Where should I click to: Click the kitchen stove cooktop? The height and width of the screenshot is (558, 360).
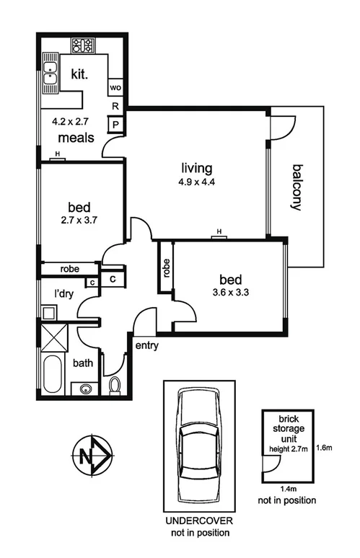[82, 45]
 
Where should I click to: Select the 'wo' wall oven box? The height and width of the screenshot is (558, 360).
[115, 87]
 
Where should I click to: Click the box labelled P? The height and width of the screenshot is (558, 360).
[115, 125]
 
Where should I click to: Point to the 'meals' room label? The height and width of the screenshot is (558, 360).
[76, 137]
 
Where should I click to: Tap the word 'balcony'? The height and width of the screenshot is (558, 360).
[296, 187]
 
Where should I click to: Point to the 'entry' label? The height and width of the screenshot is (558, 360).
[146, 345]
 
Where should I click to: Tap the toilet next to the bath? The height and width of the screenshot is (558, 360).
[113, 385]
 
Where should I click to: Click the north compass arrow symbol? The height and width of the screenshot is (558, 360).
[92, 455]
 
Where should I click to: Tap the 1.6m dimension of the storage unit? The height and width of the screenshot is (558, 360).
[323, 448]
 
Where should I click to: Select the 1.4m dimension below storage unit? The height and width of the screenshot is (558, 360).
[286, 488]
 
